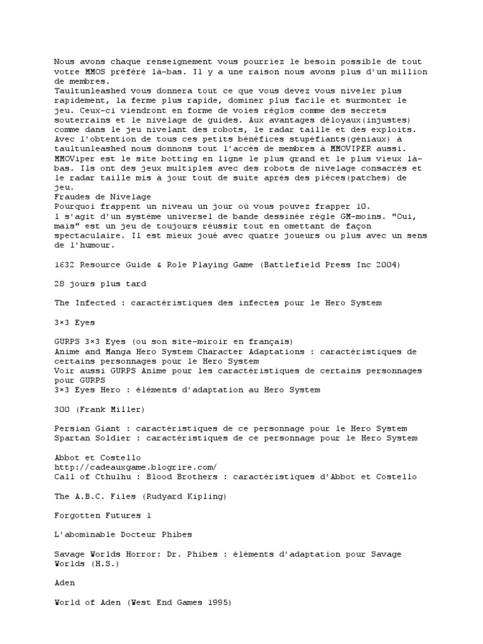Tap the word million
point(412,71)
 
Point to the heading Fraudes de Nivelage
point(103,196)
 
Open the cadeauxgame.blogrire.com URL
point(135,467)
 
